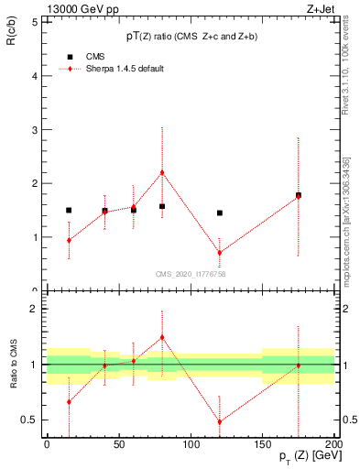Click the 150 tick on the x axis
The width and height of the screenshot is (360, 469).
[263, 444]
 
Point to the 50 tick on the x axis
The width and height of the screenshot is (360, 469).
[118, 444]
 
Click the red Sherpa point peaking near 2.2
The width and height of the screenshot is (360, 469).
[162, 172]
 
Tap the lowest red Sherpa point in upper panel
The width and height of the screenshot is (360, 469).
[220, 253]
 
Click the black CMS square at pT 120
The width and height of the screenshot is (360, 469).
[220, 213]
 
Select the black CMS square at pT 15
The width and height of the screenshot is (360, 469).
[69, 210]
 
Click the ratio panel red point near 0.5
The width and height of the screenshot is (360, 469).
[220, 422]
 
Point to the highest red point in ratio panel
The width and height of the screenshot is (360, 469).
[162, 337]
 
